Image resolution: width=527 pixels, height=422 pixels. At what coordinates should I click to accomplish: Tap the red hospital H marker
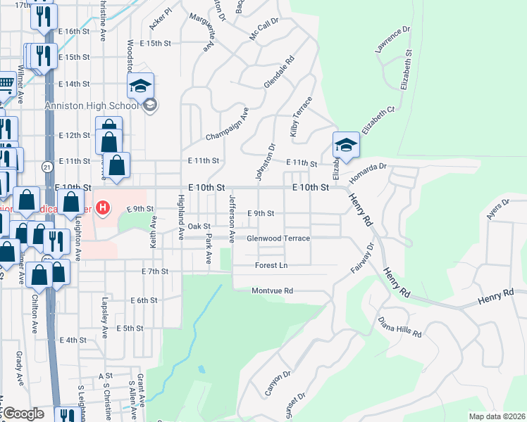[104, 208]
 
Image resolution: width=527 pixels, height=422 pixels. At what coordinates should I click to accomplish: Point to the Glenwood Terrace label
[278, 238]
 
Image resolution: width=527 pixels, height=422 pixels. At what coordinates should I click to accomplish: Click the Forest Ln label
[271, 265]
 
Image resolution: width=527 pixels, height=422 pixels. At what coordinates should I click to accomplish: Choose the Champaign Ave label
[228, 124]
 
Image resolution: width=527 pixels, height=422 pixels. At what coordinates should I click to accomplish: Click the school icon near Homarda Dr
[346, 146]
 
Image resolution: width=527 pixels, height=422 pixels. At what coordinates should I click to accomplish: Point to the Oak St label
[199, 226]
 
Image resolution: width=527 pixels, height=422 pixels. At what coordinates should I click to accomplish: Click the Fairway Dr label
[359, 259]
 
